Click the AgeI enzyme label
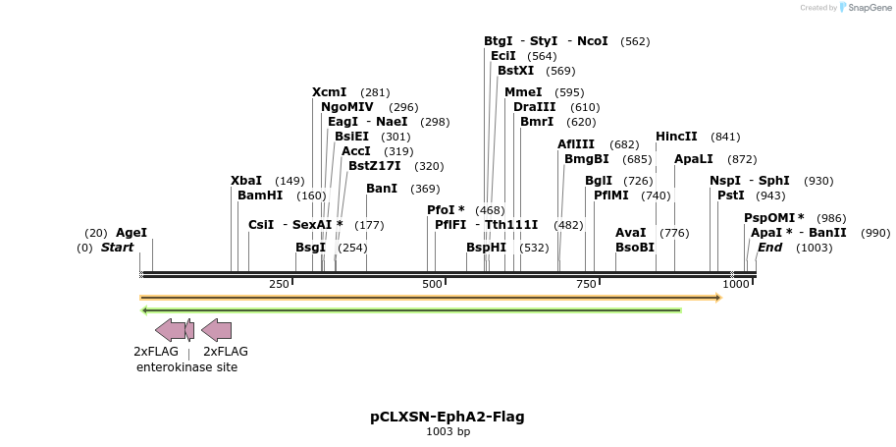tap(132, 233)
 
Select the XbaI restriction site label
tap(246, 181)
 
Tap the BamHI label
tap(260, 196)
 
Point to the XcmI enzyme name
tap(330, 92)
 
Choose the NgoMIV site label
tap(347, 107)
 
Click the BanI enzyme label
tap(382, 189)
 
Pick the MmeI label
tap(522, 92)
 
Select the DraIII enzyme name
tap(535, 107)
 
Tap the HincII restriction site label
tap(676, 137)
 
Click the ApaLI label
tap(694, 159)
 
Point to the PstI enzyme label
tap(731, 196)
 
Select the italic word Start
tap(117, 248)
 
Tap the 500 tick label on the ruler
tap(432, 284)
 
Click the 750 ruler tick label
tap(586, 284)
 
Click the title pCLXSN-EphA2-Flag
tap(448, 417)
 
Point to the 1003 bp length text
tap(448, 431)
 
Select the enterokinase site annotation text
tap(186, 367)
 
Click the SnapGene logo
tap(862, 8)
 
